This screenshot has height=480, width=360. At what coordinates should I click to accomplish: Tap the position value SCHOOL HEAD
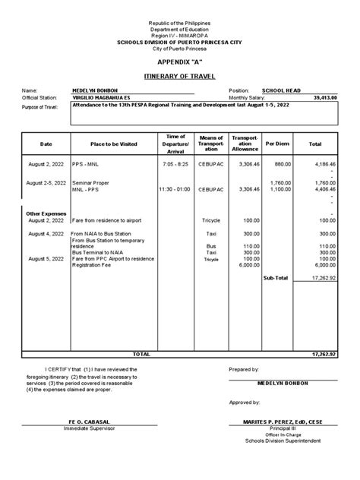pos(280,90)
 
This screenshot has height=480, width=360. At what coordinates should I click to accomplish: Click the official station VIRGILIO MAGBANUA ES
pos(104,97)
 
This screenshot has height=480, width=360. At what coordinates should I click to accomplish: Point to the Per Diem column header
pos(273,144)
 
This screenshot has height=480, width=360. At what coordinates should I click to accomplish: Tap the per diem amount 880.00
pos(282,163)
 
